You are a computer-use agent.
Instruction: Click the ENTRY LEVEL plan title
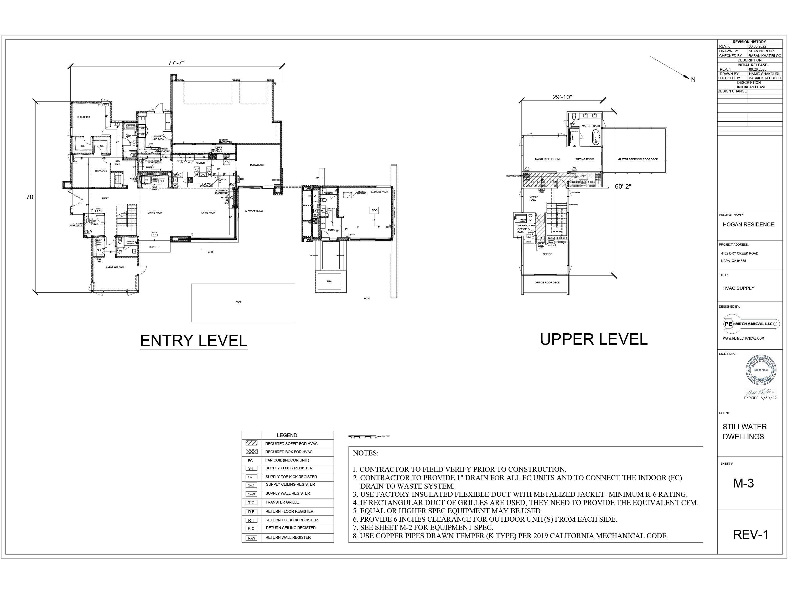tap(193, 341)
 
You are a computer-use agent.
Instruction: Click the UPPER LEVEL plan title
tap(593, 339)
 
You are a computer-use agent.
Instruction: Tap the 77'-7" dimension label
tap(176, 63)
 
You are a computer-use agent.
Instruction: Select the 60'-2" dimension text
tap(623, 186)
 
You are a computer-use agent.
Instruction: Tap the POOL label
tap(238, 302)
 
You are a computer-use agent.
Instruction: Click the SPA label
tap(329, 281)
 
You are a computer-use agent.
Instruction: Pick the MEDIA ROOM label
tap(256, 165)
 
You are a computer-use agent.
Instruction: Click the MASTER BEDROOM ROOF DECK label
tap(637, 159)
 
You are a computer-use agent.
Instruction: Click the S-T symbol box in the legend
tap(251, 477)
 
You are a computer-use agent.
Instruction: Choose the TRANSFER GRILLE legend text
tap(282, 502)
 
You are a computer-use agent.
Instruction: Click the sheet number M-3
tap(743, 483)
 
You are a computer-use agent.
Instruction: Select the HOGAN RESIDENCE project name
tap(748, 224)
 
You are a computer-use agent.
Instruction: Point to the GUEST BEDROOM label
tap(115, 267)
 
